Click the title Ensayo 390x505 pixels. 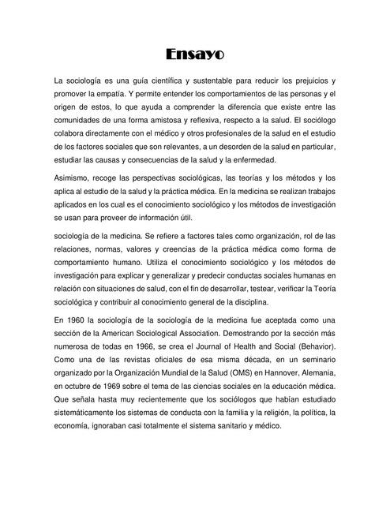click(x=196, y=54)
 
